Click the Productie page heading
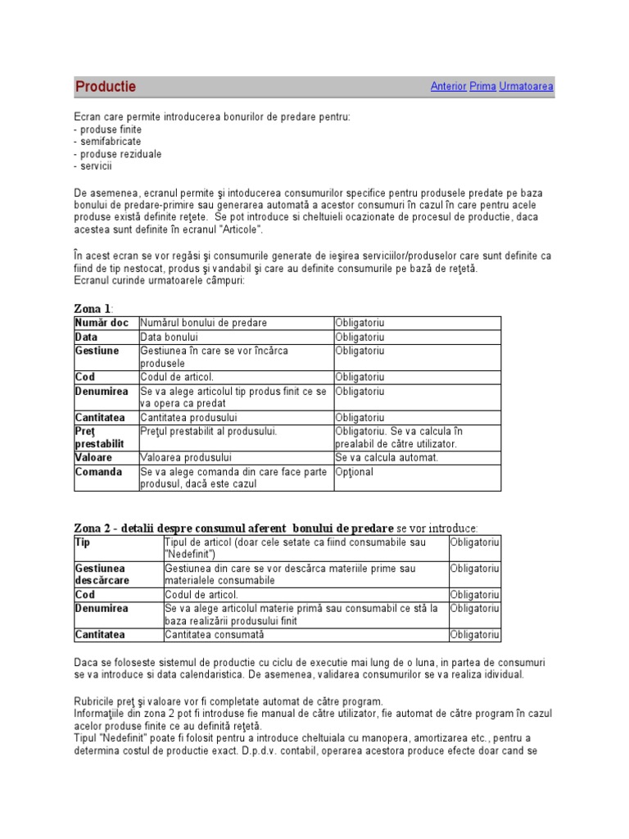pyautogui.click(x=106, y=87)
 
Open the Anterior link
pyautogui.click(x=448, y=86)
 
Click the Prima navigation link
pyautogui.click(x=482, y=86)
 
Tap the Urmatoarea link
pyautogui.click(x=526, y=86)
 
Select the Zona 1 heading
pyautogui.click(x=92, y=309)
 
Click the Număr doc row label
pyautogui.click(x=102, y=323)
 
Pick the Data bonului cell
pyautogui.click(x=170, y=337)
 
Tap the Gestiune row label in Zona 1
pyautogui.click(x=97, y=351)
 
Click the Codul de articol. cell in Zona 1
pyautogui.click(x=177, y=377)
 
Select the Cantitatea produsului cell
pyautogui.click(x=188, y=418)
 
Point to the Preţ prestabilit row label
pyautogui.click(x=100, y=438)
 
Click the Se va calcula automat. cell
pyautogui.click(x=387, y=457)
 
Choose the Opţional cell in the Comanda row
pyautogui.click(x=354, y=472)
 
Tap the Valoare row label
pyautogui.click(x=93, y=457)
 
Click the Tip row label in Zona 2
pyautogui.click(x=82, y=542)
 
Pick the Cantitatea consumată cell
pyautogui.click(x=215, y=634)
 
